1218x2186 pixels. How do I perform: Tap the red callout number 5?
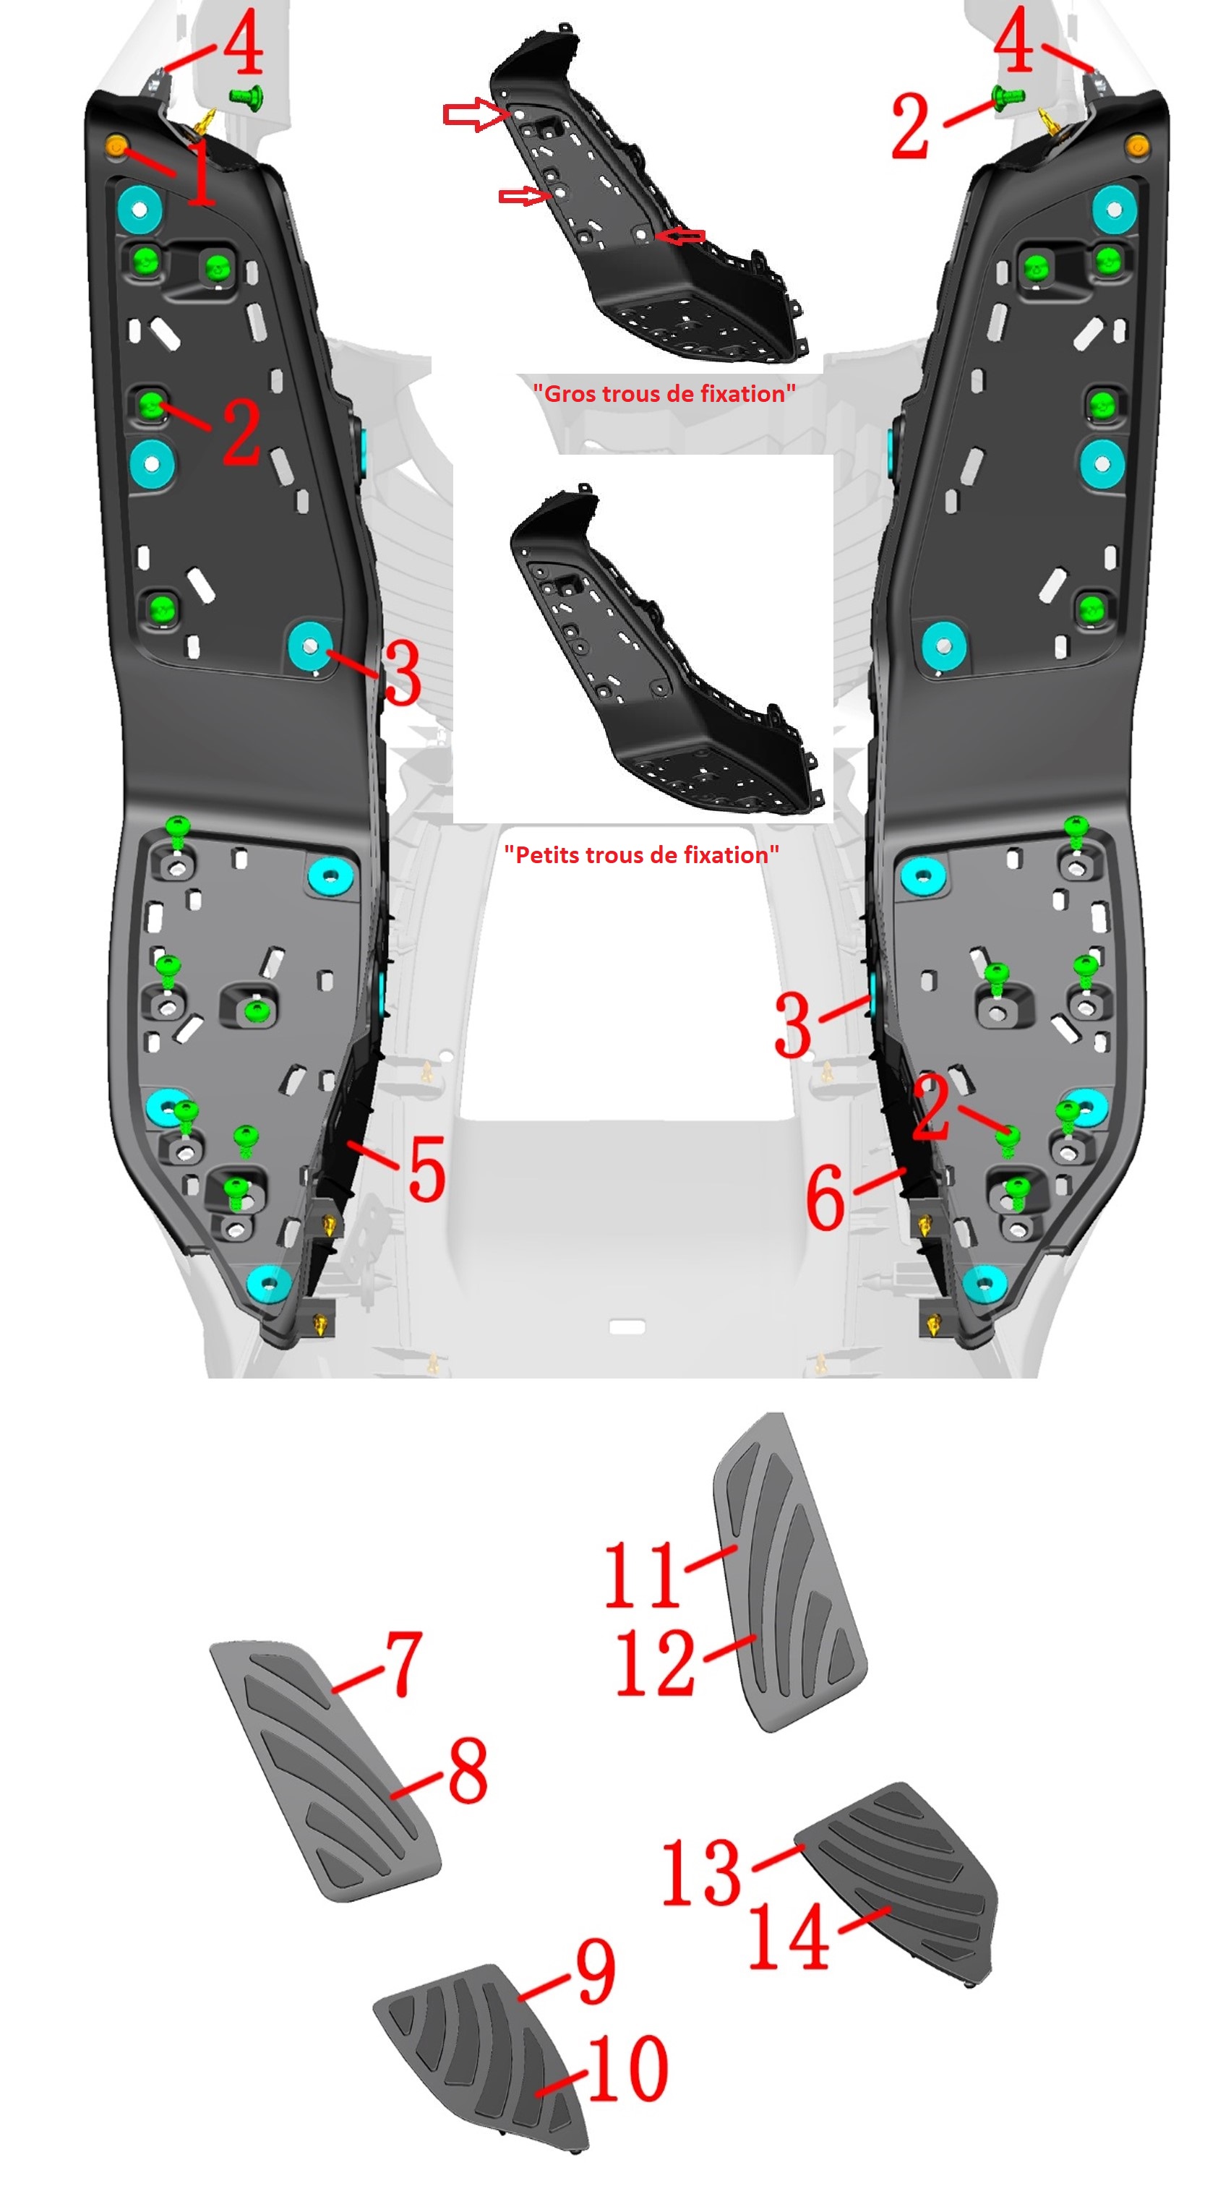[427, 1168]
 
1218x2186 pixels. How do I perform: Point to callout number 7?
[403, 1664]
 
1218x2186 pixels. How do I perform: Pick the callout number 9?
[595, 1971]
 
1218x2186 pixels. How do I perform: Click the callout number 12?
[654, 1663]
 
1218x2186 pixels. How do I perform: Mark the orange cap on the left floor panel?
[116, 145]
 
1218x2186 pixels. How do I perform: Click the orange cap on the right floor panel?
[1136, 145]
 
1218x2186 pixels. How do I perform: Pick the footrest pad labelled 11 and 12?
[789, 1572]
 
